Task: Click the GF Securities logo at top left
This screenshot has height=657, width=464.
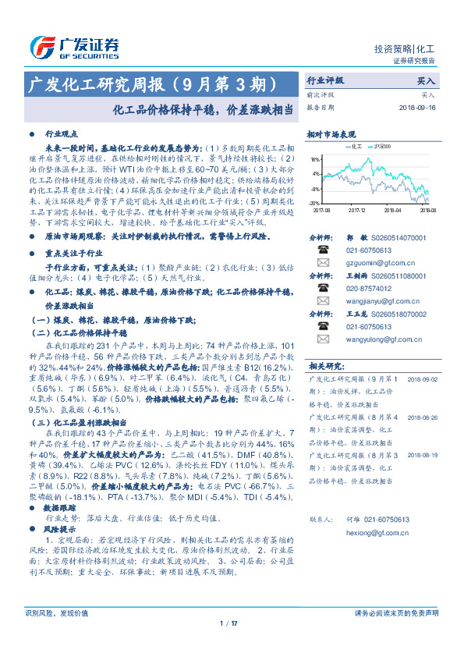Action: click(x=74, y=47)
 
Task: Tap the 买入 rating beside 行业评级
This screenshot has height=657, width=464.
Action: click(x=426, y=80)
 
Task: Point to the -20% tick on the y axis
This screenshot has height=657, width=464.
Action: click(x=314, y=202)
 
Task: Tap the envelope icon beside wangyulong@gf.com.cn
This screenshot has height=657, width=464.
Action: click(x=324, y=339)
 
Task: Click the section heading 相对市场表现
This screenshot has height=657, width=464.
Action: click(x=331, y=134)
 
